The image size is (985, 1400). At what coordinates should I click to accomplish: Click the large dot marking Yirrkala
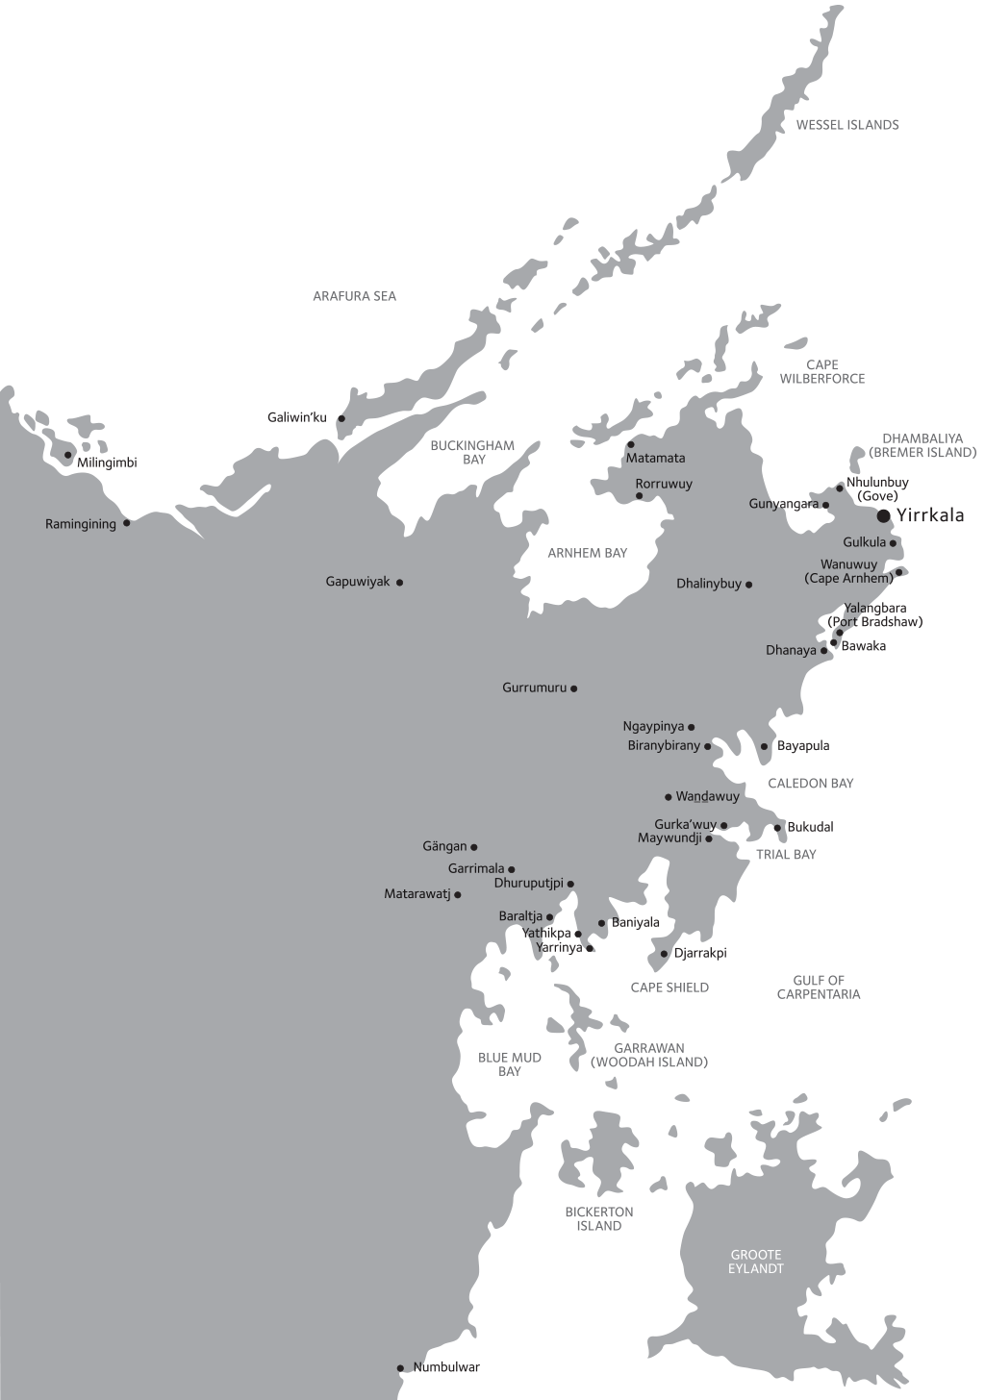(883, 516)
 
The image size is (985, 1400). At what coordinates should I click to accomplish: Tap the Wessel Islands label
(846, 125)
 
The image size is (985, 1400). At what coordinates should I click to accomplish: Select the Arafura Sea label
(354, 296)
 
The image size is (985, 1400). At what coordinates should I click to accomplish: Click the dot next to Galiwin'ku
(341, 418)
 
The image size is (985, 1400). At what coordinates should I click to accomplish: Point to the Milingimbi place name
(107, 463)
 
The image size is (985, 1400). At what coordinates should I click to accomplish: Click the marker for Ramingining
(126, 523)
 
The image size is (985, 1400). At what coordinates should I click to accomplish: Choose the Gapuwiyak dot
(399, 582)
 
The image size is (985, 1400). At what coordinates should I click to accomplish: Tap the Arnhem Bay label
(587, 553)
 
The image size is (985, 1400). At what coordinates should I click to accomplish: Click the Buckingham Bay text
(472, 452)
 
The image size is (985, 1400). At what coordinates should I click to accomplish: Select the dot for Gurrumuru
(574, 688)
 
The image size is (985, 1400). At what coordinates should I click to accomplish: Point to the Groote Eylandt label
(756, 1262)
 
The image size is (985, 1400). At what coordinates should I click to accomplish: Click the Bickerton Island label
(599, 1218)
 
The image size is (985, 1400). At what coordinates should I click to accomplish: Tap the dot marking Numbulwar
(400, 1368)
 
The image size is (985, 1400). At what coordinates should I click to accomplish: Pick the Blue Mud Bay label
(510, 1064)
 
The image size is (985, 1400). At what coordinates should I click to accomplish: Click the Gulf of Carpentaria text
(819, 987)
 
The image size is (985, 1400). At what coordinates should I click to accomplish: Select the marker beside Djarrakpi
(664, 954)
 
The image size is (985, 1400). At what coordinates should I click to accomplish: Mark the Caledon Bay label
(811, 784)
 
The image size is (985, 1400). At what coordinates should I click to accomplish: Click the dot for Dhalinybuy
(748, 584)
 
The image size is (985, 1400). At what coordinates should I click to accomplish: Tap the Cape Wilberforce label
(822, 371)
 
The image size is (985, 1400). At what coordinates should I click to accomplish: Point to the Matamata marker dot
(631, 444)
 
